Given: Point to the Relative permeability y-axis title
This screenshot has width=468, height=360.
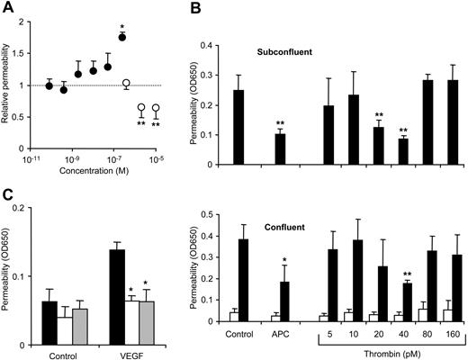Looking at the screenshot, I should tap(9, 84).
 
